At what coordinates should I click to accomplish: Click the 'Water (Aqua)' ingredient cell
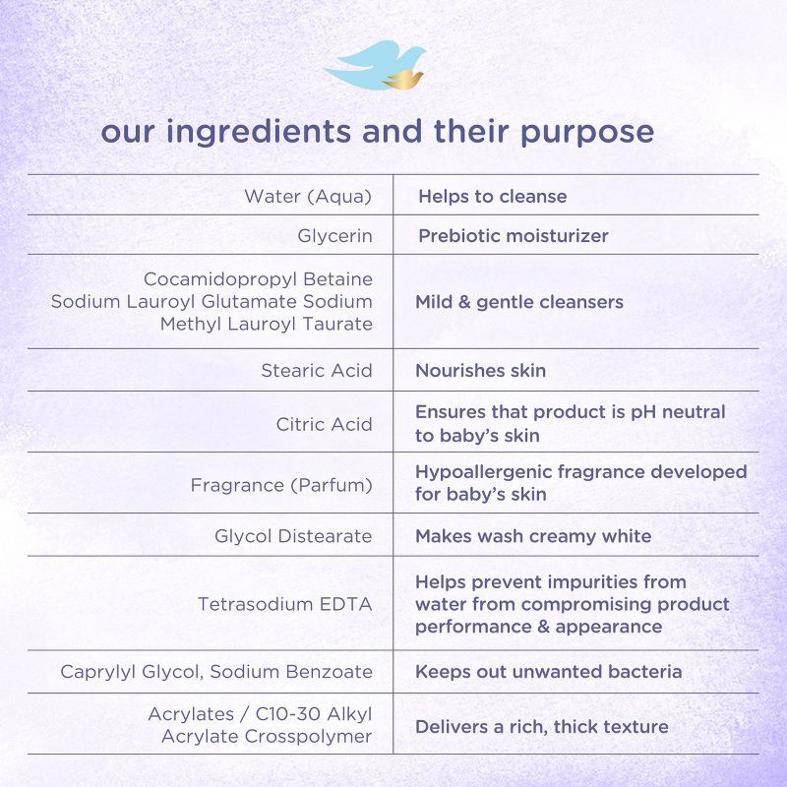pyautogui.click(x=308, y=196)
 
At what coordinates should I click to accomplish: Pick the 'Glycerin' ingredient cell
pyautogui.click(x=334, y=236)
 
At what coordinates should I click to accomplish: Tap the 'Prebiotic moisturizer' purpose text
pyautogui.click(x=514, y=236)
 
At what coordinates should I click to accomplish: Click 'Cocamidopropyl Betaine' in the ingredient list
pyautogui.click(x=258, y=279)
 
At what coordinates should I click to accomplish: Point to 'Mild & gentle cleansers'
pyautogui.click(x=519, y=302)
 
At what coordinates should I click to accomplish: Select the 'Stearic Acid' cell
pyautogui.click(x=317, y=371)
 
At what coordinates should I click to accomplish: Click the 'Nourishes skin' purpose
pyautogui.click(x=480, y=371)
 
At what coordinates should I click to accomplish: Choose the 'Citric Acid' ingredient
pyautogui.click(x=325, y=424)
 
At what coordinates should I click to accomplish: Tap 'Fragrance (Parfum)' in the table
pyautogui.click(x=281, y=485)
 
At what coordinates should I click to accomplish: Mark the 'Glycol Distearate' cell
pyautogui.click(x=293, y=536)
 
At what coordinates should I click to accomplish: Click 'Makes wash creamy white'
pyautogui.click(x=533, y=536)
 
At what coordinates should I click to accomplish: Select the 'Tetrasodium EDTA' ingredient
pyautogui.click(x=285, y=604)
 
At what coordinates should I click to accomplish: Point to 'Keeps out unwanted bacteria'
pyautogui.click(x=548, y=672)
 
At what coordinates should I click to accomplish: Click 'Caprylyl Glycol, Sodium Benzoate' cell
pyautogui.click(x=216, y=672)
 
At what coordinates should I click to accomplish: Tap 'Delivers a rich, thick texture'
pyautogui.click(x=541, y=727)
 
